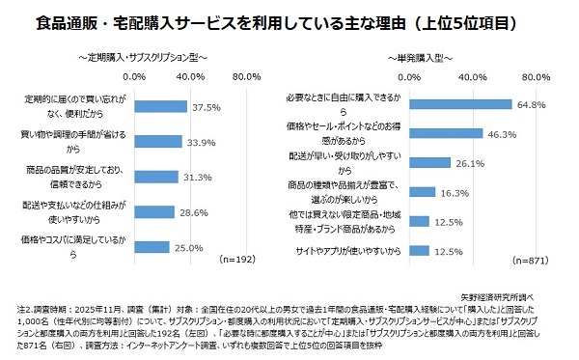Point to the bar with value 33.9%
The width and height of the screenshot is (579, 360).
pos(158,142)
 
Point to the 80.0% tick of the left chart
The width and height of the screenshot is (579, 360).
pos(247,76)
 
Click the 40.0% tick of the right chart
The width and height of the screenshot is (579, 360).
pos(472,76)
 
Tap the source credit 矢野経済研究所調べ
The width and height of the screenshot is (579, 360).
pos(532,273)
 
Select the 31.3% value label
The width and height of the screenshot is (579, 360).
pos(198,177)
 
